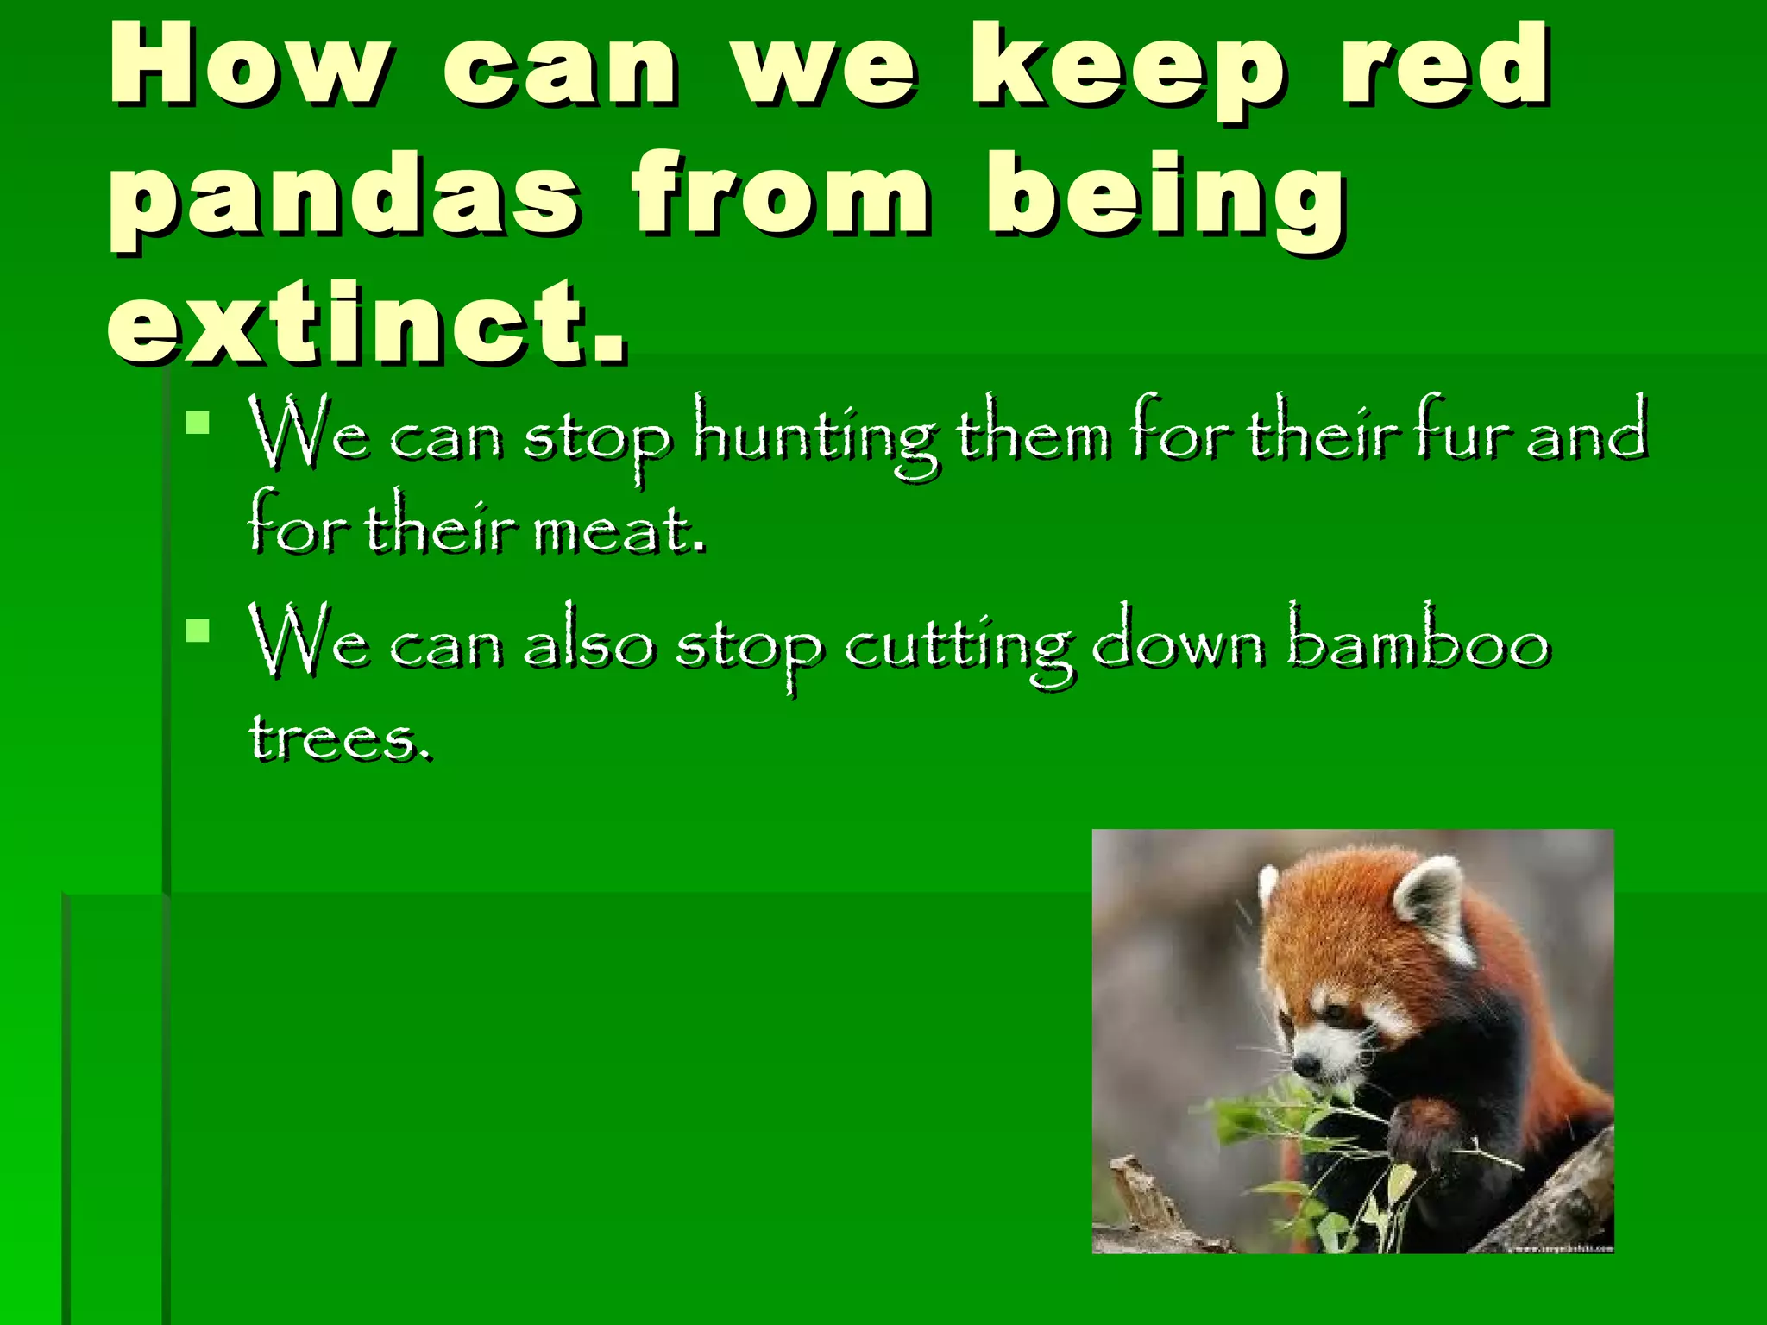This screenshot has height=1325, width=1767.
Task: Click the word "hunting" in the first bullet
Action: click(815, 436)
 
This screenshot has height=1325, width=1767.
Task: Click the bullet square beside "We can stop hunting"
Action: click(198, 422)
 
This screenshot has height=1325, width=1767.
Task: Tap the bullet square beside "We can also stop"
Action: click(198, 631)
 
